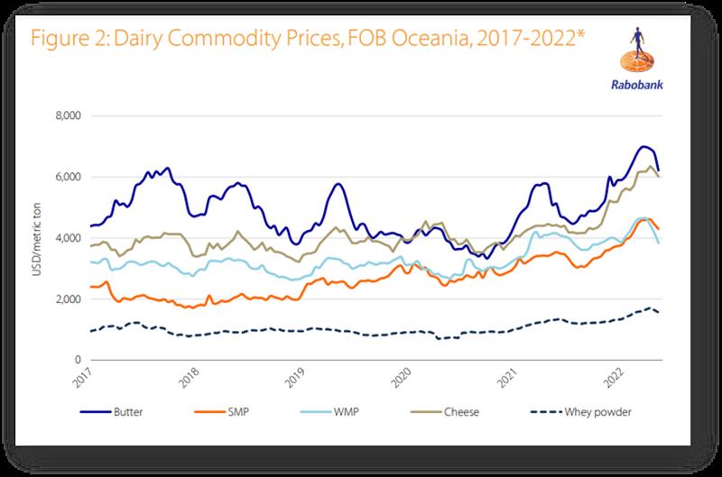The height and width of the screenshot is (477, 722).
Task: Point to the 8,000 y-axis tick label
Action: point(69,116)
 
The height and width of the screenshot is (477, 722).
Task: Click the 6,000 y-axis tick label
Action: point(69,178)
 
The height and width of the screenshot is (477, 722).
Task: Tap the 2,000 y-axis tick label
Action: point(69,299)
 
